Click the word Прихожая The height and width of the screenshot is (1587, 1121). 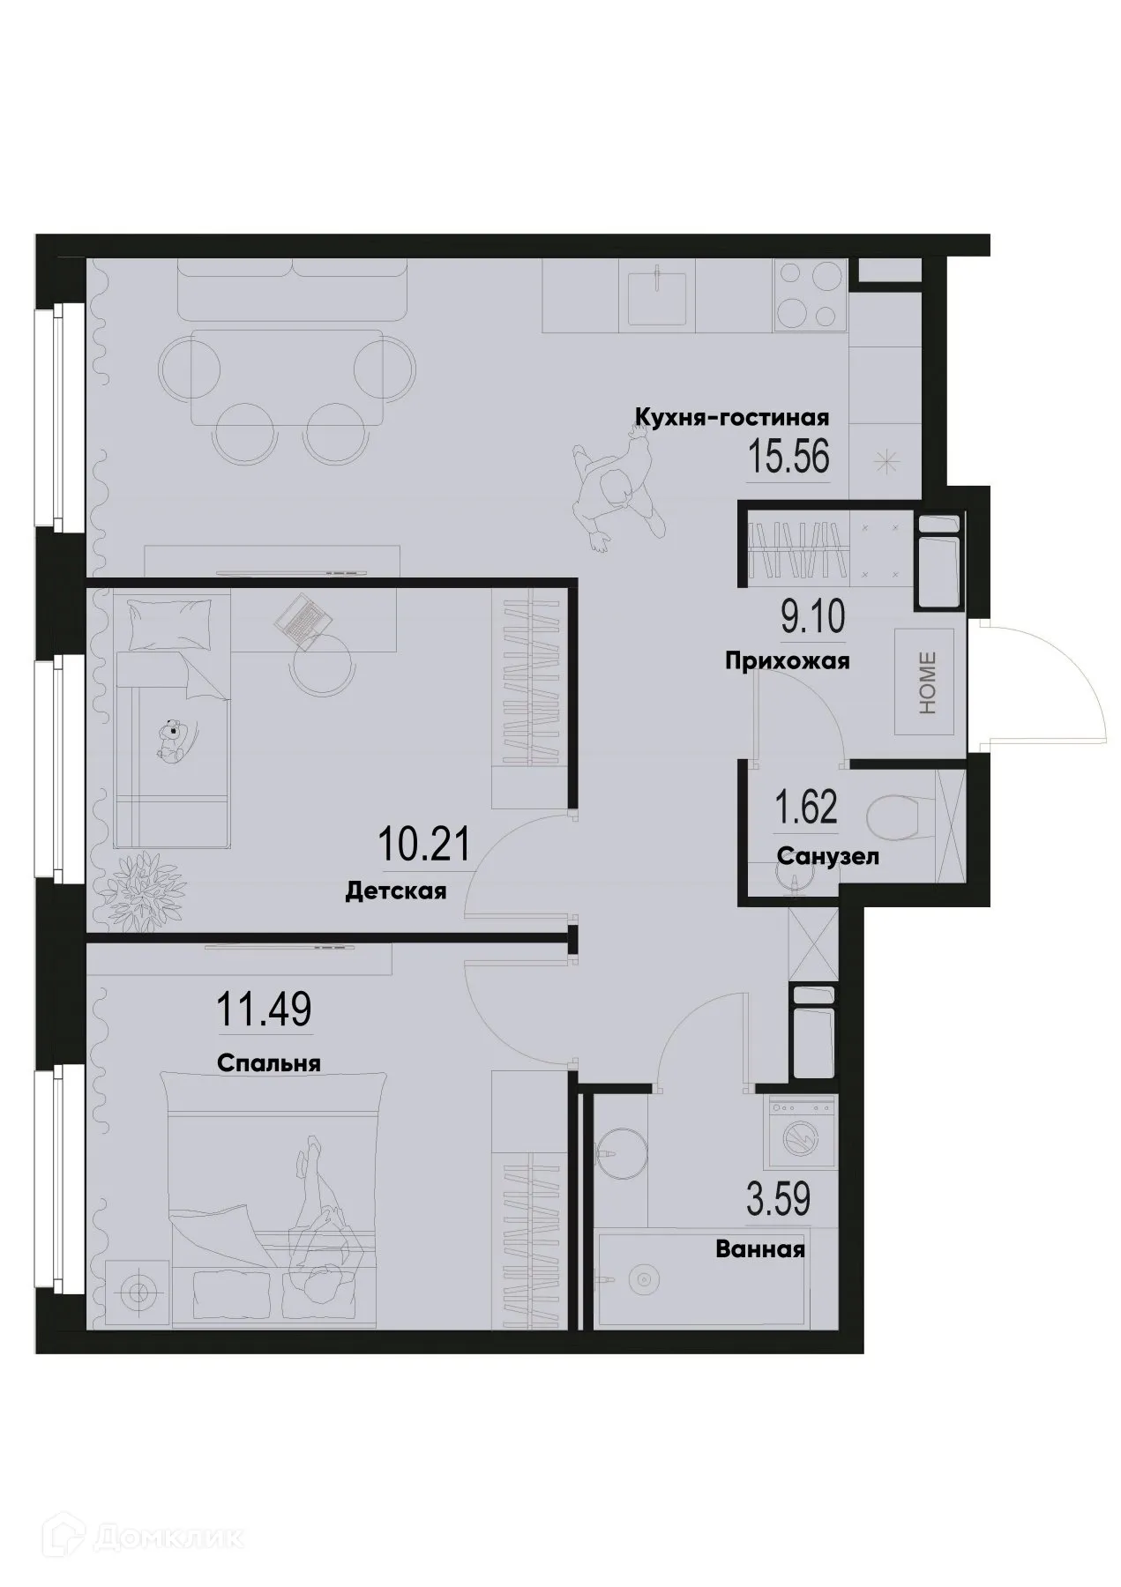pos(787,661)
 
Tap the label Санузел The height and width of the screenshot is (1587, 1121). pos(827,856)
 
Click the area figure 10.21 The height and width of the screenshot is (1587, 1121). pos(422,845)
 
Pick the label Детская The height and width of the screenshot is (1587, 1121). pos(395,891)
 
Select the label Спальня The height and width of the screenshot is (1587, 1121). pos(268,1063)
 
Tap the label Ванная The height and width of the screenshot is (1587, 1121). pos(760,1249)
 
